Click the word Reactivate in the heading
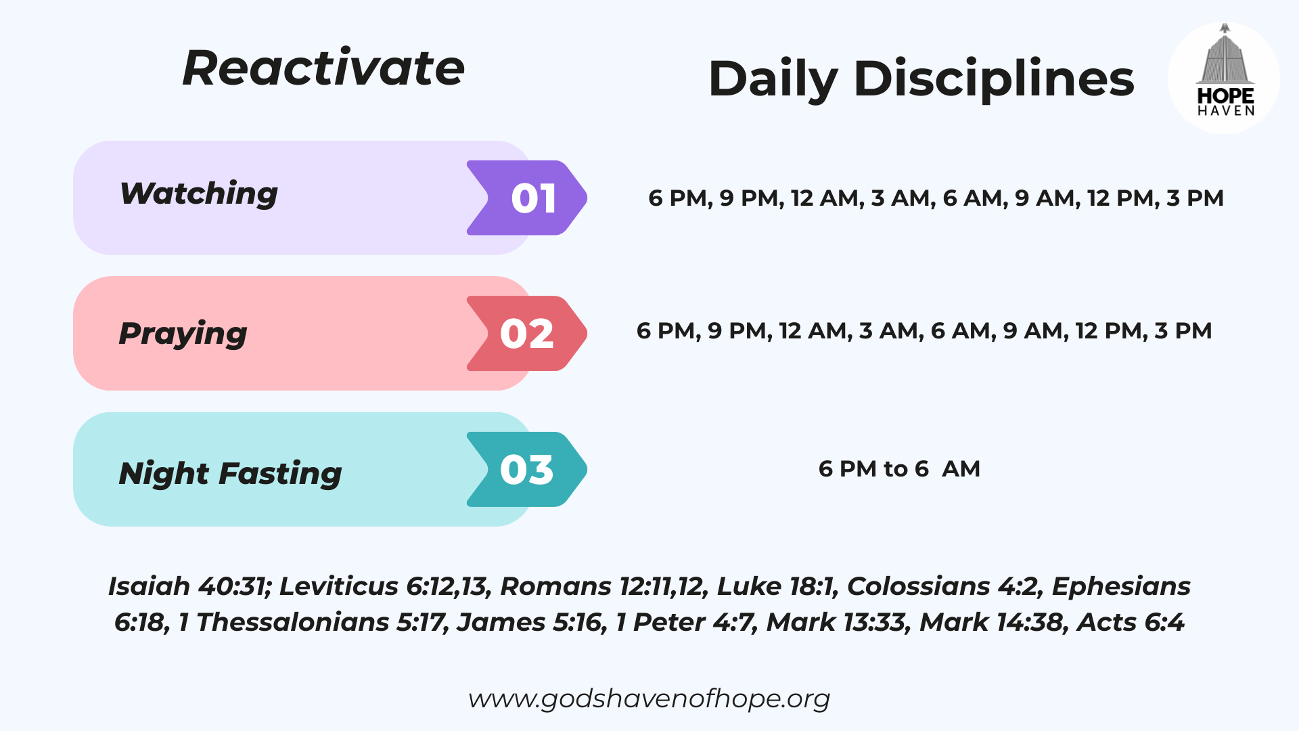pos(323,68)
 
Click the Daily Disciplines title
pos(921,79)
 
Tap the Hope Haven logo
pos(1224,78)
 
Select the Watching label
pos(199,194)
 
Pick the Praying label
pos(183,334)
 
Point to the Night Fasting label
pos(230,473)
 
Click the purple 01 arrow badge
pos(527,198)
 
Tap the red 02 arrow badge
pos(527,333)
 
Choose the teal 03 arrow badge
pos(527,469)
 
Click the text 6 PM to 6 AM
pos(899,468)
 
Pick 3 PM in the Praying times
pos(1183,331)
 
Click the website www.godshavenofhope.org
pos(649,699)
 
